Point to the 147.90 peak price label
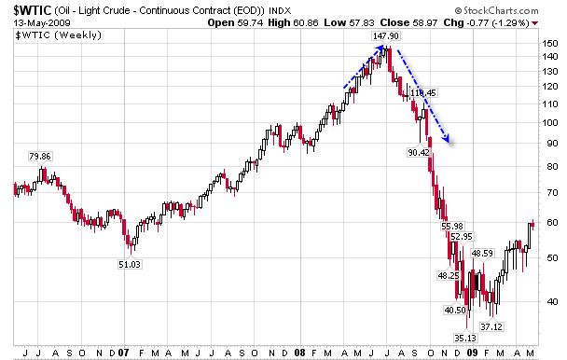coord(386,36)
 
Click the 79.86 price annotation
coord(40,157)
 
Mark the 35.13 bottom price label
coord(465,338)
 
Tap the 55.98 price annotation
coord(451,226)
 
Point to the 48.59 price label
coord(482,253)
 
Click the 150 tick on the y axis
coord(551,44)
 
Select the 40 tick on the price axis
coord(551,301)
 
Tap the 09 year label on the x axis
coord(476,353)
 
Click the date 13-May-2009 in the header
coord(35,22)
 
